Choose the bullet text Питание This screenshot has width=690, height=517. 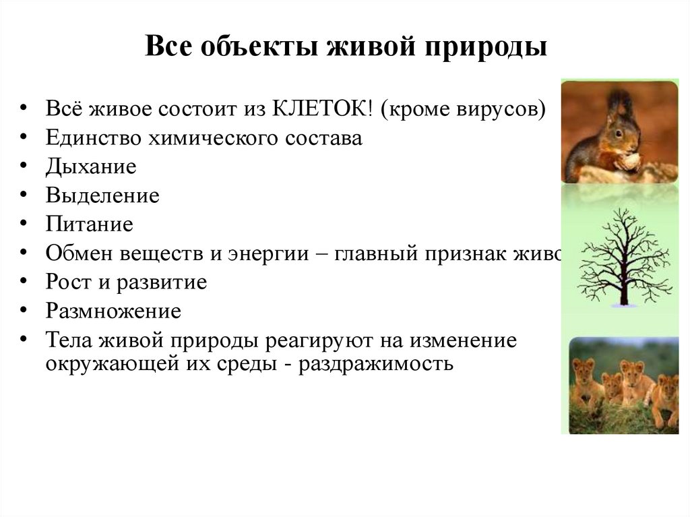(90, 224)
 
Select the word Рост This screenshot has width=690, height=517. (67, 282)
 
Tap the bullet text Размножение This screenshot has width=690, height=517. (113, 311)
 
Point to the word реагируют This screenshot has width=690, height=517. (311, 340)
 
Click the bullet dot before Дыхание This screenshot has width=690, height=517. (24, 167)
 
